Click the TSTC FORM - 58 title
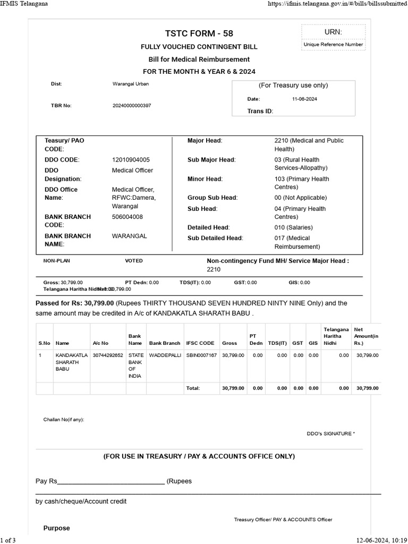pos(199,33)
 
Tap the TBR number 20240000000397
pos(132,106)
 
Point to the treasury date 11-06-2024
pos(304,99)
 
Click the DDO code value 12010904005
pos(131,159)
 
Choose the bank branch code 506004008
pos(127,217)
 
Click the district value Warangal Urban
pos(131,84)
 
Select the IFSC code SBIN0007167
pos(201,355)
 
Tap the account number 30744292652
pos(108,355)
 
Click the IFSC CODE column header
pos(200,343)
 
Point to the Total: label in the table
pos(192,388)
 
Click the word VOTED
pos(134,261)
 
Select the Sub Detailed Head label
pos(215,238)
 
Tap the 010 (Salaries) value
pos(293,227)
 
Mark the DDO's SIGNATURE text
pos(330,433)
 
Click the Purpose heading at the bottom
pos(56,528)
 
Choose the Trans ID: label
pos(260,111)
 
